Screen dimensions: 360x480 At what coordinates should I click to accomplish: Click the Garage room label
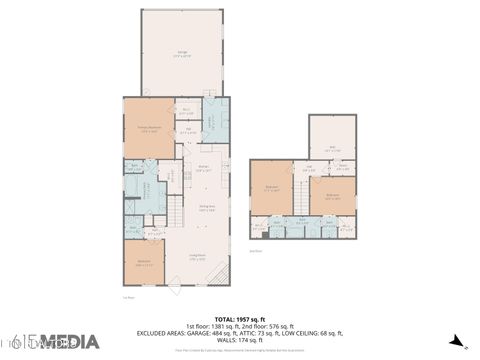(183, 53)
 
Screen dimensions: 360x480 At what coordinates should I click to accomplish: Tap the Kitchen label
(203, 169)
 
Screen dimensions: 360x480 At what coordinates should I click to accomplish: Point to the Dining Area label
(207, 209)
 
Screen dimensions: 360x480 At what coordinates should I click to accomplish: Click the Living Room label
(198, 256)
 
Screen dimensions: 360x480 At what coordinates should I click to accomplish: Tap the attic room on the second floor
(335, 151)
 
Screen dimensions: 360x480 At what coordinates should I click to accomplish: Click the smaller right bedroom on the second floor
(333, 195)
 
